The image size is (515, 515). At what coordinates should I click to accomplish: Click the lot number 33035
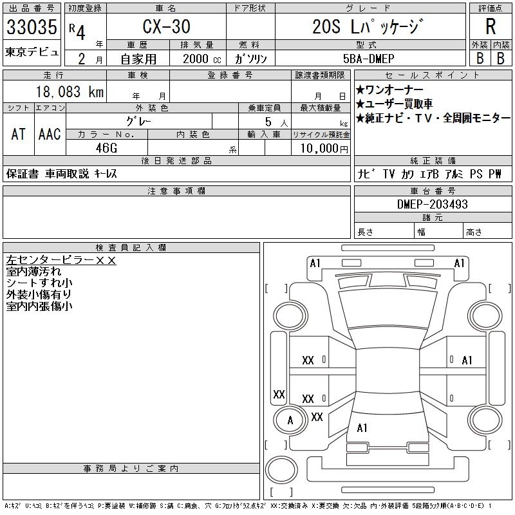click(32, 27)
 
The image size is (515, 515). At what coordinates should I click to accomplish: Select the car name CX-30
click(165, 27)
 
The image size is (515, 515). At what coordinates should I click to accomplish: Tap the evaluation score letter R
click(491, 27)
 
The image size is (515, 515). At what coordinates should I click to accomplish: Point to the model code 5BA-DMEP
click(370, 58)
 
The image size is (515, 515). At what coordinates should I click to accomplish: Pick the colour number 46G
click(106, 148)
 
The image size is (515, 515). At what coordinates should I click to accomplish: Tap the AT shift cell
click(18, 134)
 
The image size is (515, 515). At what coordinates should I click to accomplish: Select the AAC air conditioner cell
click(50, 134)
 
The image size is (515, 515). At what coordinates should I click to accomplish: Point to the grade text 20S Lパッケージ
click(369, 27)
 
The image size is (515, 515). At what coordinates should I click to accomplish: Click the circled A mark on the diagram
click(290, 420)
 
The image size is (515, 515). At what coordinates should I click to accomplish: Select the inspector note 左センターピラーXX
click(61, 261)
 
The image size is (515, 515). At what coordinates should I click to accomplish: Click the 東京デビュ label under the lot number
click(32, 52)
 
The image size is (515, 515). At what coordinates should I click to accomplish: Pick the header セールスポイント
click(432, 75)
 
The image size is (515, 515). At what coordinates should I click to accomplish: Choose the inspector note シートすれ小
click(39, 283)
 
